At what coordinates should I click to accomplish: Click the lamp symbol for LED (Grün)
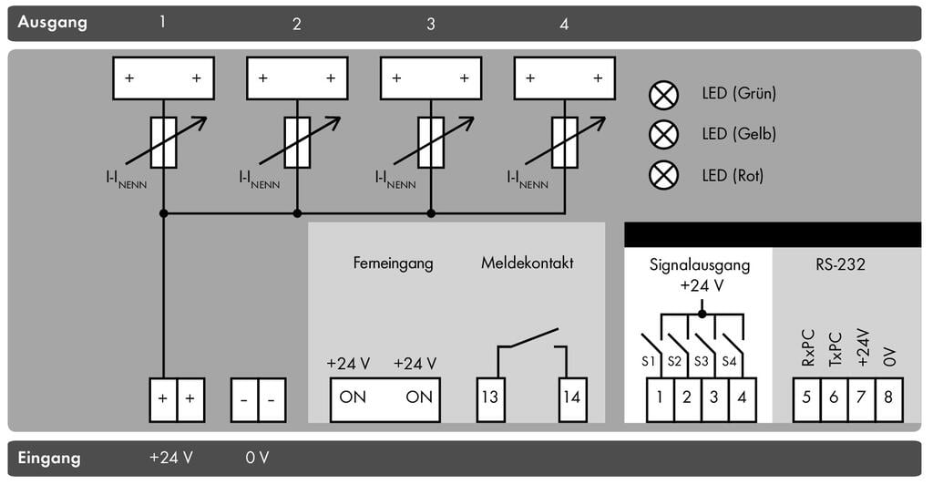point(663,94)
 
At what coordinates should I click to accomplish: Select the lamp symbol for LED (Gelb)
point(663,134)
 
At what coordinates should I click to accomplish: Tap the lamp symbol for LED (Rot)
point(663,175)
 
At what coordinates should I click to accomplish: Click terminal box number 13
point(490,397)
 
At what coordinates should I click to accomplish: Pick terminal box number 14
point(572,397)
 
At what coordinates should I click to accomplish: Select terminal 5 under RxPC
point(806,397)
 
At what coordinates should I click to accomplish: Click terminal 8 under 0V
point(888,397)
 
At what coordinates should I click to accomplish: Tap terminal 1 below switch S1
point(661,397)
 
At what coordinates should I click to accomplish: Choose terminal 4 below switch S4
point(743,397)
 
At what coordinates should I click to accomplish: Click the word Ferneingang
point(393,263)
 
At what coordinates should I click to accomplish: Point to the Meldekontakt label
point(527,263)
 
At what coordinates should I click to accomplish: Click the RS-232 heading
point(840,265)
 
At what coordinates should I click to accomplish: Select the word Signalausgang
point(700,265)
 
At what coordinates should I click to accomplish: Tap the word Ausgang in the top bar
point(52,22)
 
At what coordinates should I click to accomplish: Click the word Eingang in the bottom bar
point(49,458)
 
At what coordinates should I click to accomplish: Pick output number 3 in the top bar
point(431,25)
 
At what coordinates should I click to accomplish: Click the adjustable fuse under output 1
point(164,142)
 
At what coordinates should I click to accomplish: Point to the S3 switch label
point(701,361)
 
